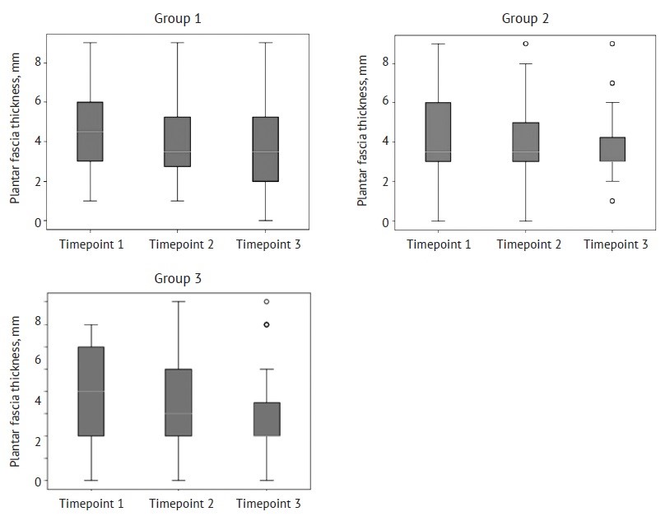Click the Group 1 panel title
178,18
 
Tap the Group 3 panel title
178,278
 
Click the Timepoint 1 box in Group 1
90,132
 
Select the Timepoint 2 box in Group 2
524,142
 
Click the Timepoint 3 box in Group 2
612,149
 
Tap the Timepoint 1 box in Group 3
90,391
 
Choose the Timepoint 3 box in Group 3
266,419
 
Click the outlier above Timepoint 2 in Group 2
525,44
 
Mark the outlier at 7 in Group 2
612,83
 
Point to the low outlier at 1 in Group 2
612,201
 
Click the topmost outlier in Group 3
266,302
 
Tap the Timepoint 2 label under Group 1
178,244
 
